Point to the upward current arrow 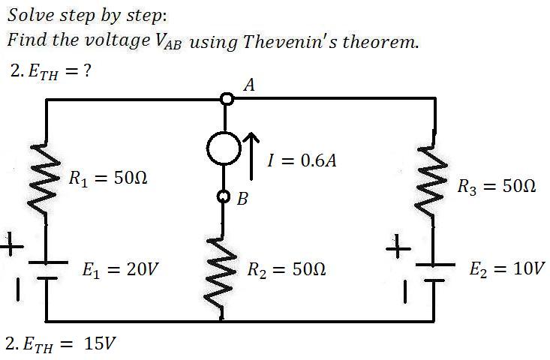[251, 156]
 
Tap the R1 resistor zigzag [44, 178]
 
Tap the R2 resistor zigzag [221, 274]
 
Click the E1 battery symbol [47, 270]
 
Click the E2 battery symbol [435, 272]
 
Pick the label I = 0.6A [302, 160]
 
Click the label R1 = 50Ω [108, 178]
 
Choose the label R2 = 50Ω [287, 269]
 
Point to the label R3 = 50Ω [497, 186]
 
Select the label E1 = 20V [120, 269]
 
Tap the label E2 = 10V [507, 268]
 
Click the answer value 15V [100, 343]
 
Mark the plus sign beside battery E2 [398, 247]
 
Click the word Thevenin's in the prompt [290, 41]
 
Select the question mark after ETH [87, 70]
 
